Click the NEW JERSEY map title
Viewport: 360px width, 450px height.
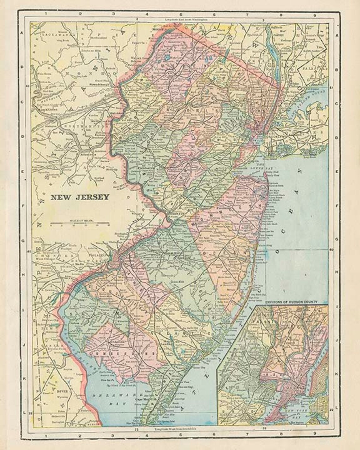coord(80,197)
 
